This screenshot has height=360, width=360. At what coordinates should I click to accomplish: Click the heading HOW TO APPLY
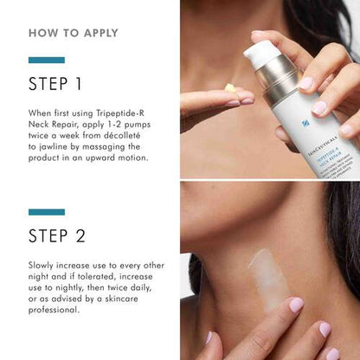[74, 34]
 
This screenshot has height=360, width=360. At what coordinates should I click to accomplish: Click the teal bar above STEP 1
[47, 60]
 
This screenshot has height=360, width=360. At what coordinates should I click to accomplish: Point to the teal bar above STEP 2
[47, 211]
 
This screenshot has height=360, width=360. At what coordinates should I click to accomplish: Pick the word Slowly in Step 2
[43, 267]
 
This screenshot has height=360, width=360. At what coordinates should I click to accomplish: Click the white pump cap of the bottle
[261, 55]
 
